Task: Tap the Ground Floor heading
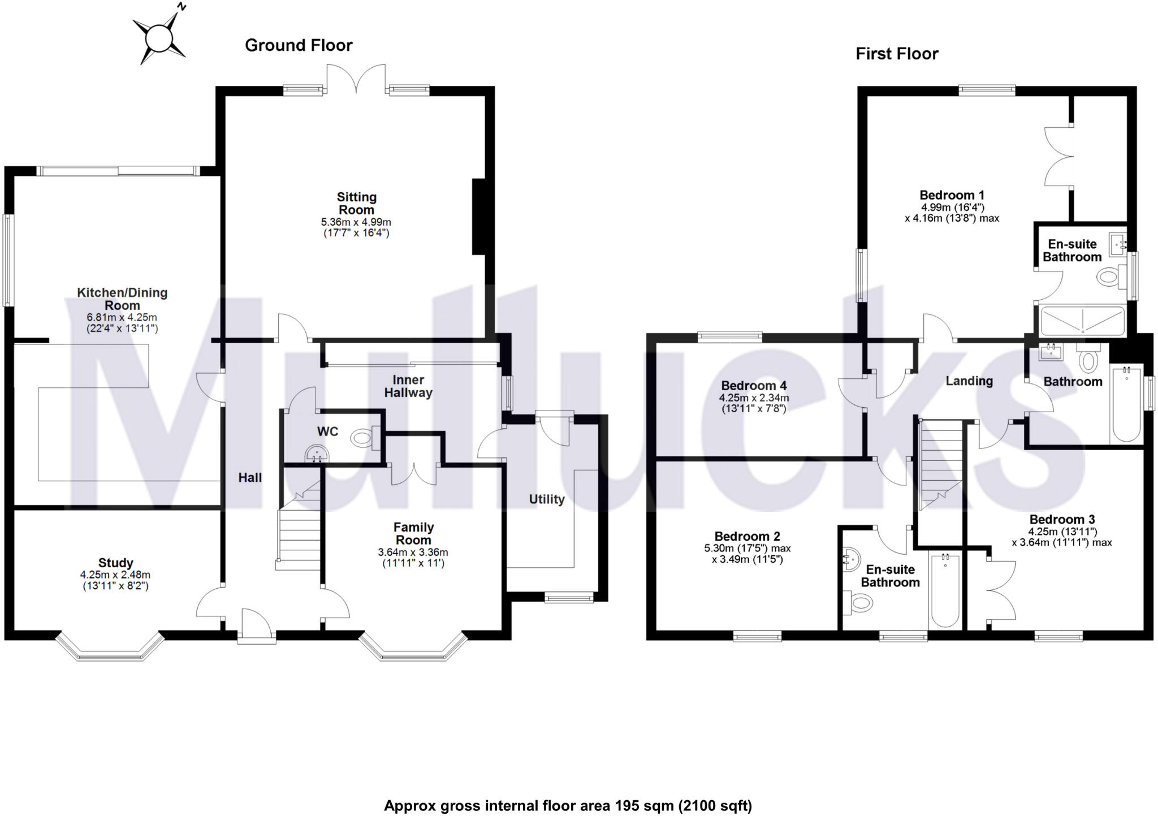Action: (299, 45)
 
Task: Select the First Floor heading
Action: (897, 54)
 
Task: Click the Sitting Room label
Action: (356, 204)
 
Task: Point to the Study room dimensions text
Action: (115, 581)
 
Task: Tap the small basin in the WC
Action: (317, 454)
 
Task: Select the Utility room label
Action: (546, 499)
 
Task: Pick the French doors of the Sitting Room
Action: (356, 79)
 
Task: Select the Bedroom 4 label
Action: (754, 386)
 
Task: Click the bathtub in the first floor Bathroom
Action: (1126, 403)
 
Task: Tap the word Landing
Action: (969, 381)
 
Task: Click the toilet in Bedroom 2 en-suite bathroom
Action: (859, 603)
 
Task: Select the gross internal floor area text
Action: (568, 806)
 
